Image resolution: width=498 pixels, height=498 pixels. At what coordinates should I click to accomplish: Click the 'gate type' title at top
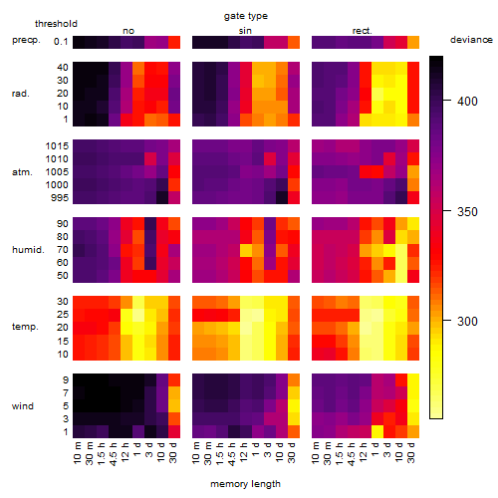[x=246, y=16]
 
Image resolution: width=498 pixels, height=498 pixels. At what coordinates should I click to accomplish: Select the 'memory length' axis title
[x=245, y=484]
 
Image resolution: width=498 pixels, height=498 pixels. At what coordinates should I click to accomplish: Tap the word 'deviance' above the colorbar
[x=471, y=40]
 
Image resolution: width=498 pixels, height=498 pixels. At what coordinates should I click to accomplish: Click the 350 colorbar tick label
[x=467, y=211]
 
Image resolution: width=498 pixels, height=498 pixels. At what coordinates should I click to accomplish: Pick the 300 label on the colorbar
[x=467, y=321]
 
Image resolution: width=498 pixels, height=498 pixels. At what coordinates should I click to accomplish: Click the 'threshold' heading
[x=56, y=24]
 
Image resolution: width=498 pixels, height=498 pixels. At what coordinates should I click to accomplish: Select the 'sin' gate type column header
[x=245, y=31]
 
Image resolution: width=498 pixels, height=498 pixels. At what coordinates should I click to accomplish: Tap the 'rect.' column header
[x=362, y=31]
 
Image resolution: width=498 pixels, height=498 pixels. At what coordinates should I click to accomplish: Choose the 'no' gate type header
[x=128, y=31]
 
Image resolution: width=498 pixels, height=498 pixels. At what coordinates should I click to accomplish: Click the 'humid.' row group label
[x=28, y=249]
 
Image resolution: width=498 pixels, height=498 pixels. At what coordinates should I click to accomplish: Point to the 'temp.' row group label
[x=25, y=327]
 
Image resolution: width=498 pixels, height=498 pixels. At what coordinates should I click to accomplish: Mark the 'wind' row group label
[x=23, y=406]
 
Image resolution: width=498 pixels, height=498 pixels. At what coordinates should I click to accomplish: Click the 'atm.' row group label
[x=22, y=172]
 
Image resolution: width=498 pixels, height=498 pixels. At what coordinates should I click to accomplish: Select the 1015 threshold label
[x=57, y=146]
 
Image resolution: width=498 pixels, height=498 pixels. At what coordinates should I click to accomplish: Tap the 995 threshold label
[x=60, y=198]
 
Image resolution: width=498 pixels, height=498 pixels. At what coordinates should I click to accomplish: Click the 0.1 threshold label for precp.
[x=61, y=42]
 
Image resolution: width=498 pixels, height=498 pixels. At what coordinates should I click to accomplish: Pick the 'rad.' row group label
[x=21, y=94]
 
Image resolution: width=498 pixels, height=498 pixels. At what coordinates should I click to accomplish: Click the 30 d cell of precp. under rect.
[x=413, y=42]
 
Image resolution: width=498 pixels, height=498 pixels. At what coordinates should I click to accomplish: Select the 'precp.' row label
[x=26, y=41]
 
